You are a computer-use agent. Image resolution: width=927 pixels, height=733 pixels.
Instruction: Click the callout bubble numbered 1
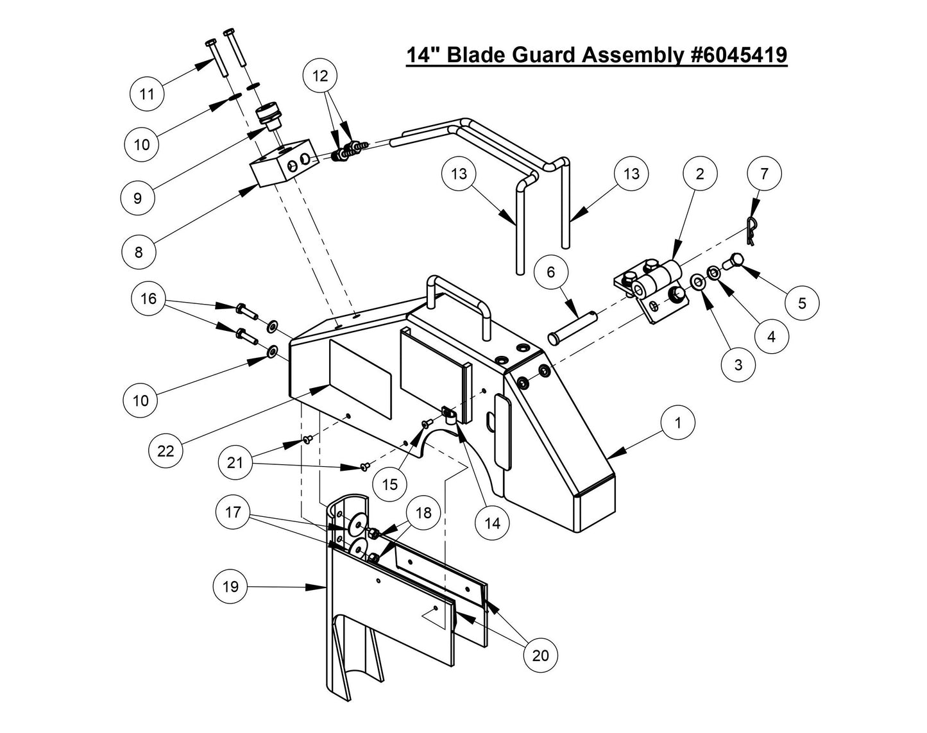point(677,423)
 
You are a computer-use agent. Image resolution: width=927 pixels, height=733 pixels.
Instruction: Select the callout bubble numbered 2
point(699,173)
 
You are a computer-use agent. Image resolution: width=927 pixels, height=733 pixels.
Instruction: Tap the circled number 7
point(763,173)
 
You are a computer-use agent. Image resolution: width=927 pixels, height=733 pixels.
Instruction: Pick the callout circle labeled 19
point(230,586)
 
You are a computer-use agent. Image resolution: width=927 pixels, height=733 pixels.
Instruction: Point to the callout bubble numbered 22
point(166,451)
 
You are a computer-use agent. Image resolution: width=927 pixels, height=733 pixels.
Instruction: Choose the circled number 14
point(492,523)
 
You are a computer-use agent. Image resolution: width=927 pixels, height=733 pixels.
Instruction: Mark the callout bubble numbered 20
point(540,655)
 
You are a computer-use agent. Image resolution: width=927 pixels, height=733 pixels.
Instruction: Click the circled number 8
point(139,252)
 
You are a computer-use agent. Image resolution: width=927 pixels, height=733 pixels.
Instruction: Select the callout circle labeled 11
point(147,94)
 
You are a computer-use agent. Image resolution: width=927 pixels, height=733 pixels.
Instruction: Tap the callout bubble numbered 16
point(148,299)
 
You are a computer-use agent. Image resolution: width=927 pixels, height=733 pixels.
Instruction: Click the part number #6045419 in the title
point(737,55)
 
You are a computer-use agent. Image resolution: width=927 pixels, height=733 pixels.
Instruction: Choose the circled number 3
point(738,364)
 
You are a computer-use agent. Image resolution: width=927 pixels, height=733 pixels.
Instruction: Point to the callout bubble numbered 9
point(138,198)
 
